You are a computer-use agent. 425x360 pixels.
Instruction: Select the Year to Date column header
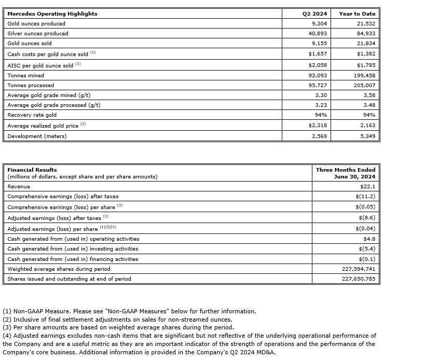[x=357, y=14]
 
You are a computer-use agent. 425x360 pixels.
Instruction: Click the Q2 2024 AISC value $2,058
[x=316, y=65]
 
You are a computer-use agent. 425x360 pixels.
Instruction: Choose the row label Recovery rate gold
[x=32, y=115]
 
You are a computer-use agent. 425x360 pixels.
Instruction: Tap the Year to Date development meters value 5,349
[x=367, y=136]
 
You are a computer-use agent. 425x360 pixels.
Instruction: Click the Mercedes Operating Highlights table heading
[x=52, y=14]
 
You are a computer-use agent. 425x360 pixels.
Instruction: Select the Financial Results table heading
[x=32, y=170]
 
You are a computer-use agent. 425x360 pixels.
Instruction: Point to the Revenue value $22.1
[x=367, y=187]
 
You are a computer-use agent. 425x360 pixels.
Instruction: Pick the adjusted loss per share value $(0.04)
[x=365, y=229]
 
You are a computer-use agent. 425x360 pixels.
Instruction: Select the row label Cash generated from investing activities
[x=73, y=249]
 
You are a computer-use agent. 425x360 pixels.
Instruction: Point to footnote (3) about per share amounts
[x=118, y=327]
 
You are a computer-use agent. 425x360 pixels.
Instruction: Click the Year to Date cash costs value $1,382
[x=366, y=54]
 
